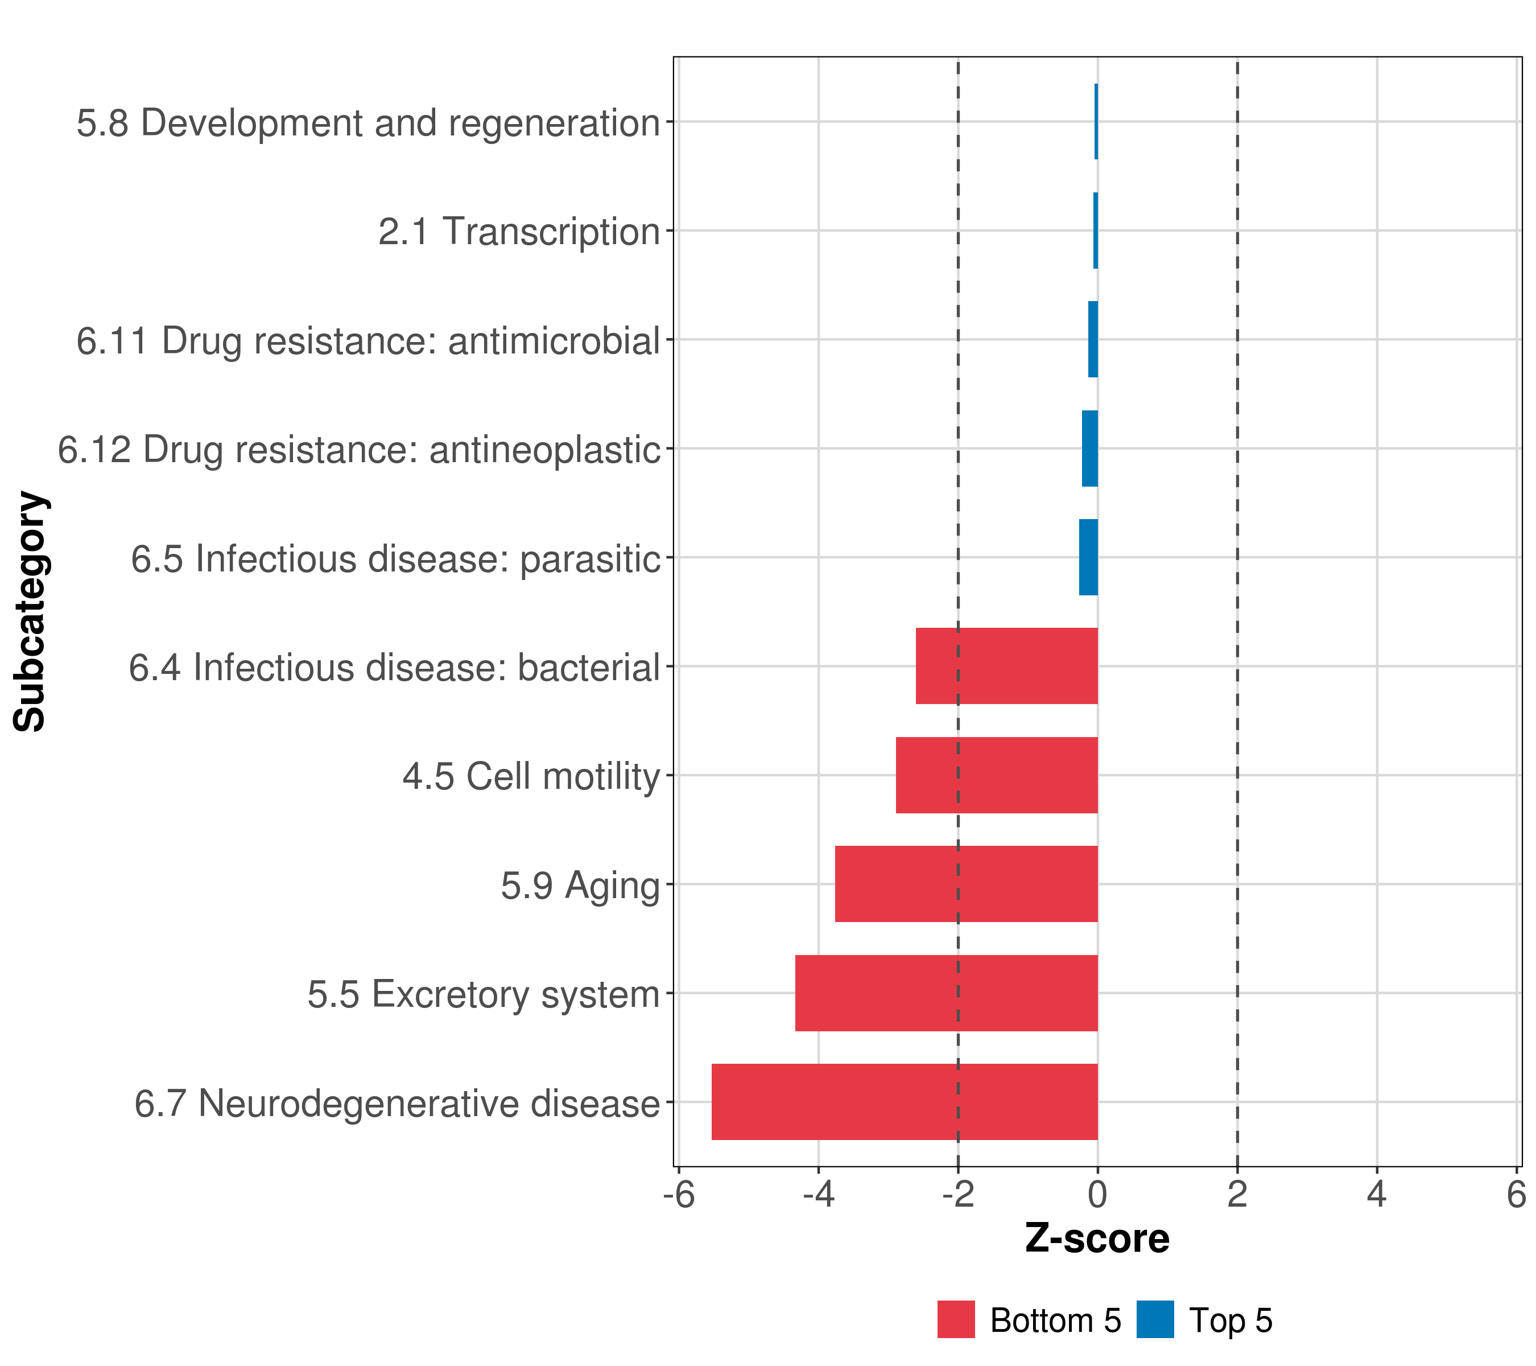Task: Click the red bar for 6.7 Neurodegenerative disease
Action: point(904,1101)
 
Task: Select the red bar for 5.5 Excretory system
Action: point(946,993)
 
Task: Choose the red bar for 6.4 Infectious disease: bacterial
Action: point(1006,665)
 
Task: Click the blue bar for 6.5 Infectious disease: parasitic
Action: point(1088,557)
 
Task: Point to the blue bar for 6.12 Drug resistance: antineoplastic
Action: point(1089,448)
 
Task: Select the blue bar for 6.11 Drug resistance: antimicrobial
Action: point(1093,339)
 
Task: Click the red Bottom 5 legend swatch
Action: point(956,1319)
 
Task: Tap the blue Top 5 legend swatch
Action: point(1155,1319)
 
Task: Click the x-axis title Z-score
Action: point(1097,1238)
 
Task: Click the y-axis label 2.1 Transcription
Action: point(518,231)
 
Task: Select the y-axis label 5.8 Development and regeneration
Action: point(368,122)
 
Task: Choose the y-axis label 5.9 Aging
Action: point(580,885)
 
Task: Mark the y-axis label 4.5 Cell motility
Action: point(531,776)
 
